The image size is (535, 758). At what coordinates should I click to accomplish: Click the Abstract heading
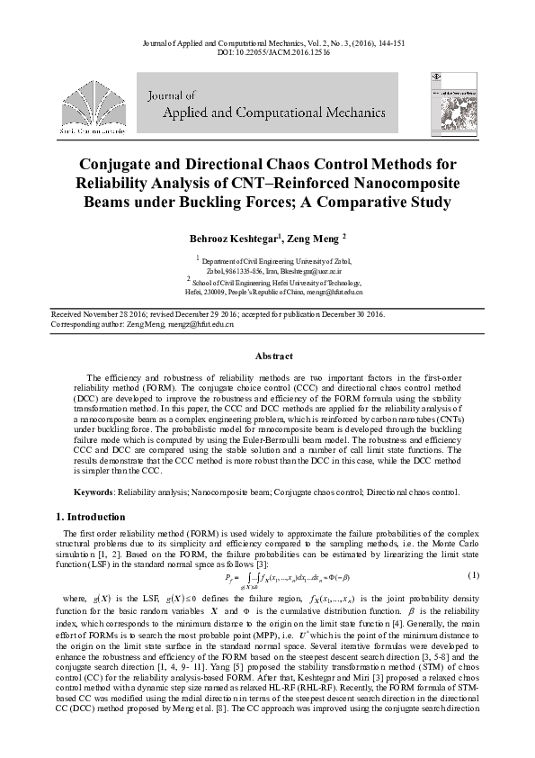(267, 356)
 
